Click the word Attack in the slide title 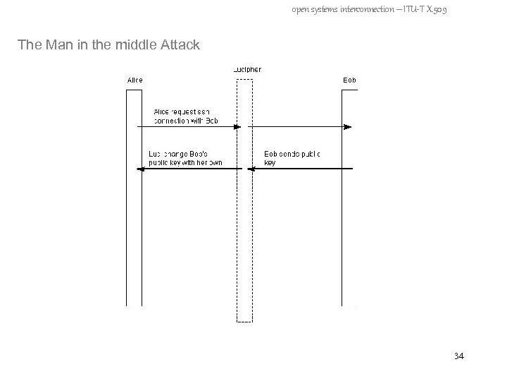(x=180, y=45)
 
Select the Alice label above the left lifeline (x=134, y=80)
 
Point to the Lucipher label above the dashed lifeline (x=246, y=69)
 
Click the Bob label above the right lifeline (x=350, y=80)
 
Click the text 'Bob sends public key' (x=291, y=157)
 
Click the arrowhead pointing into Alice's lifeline (x=144, y=169)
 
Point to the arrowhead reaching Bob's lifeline (x=347, y=127)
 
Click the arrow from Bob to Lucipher (x=303, y=169)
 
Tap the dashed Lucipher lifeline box (x=244, y=212)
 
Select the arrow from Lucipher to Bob (x=299, y=127)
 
